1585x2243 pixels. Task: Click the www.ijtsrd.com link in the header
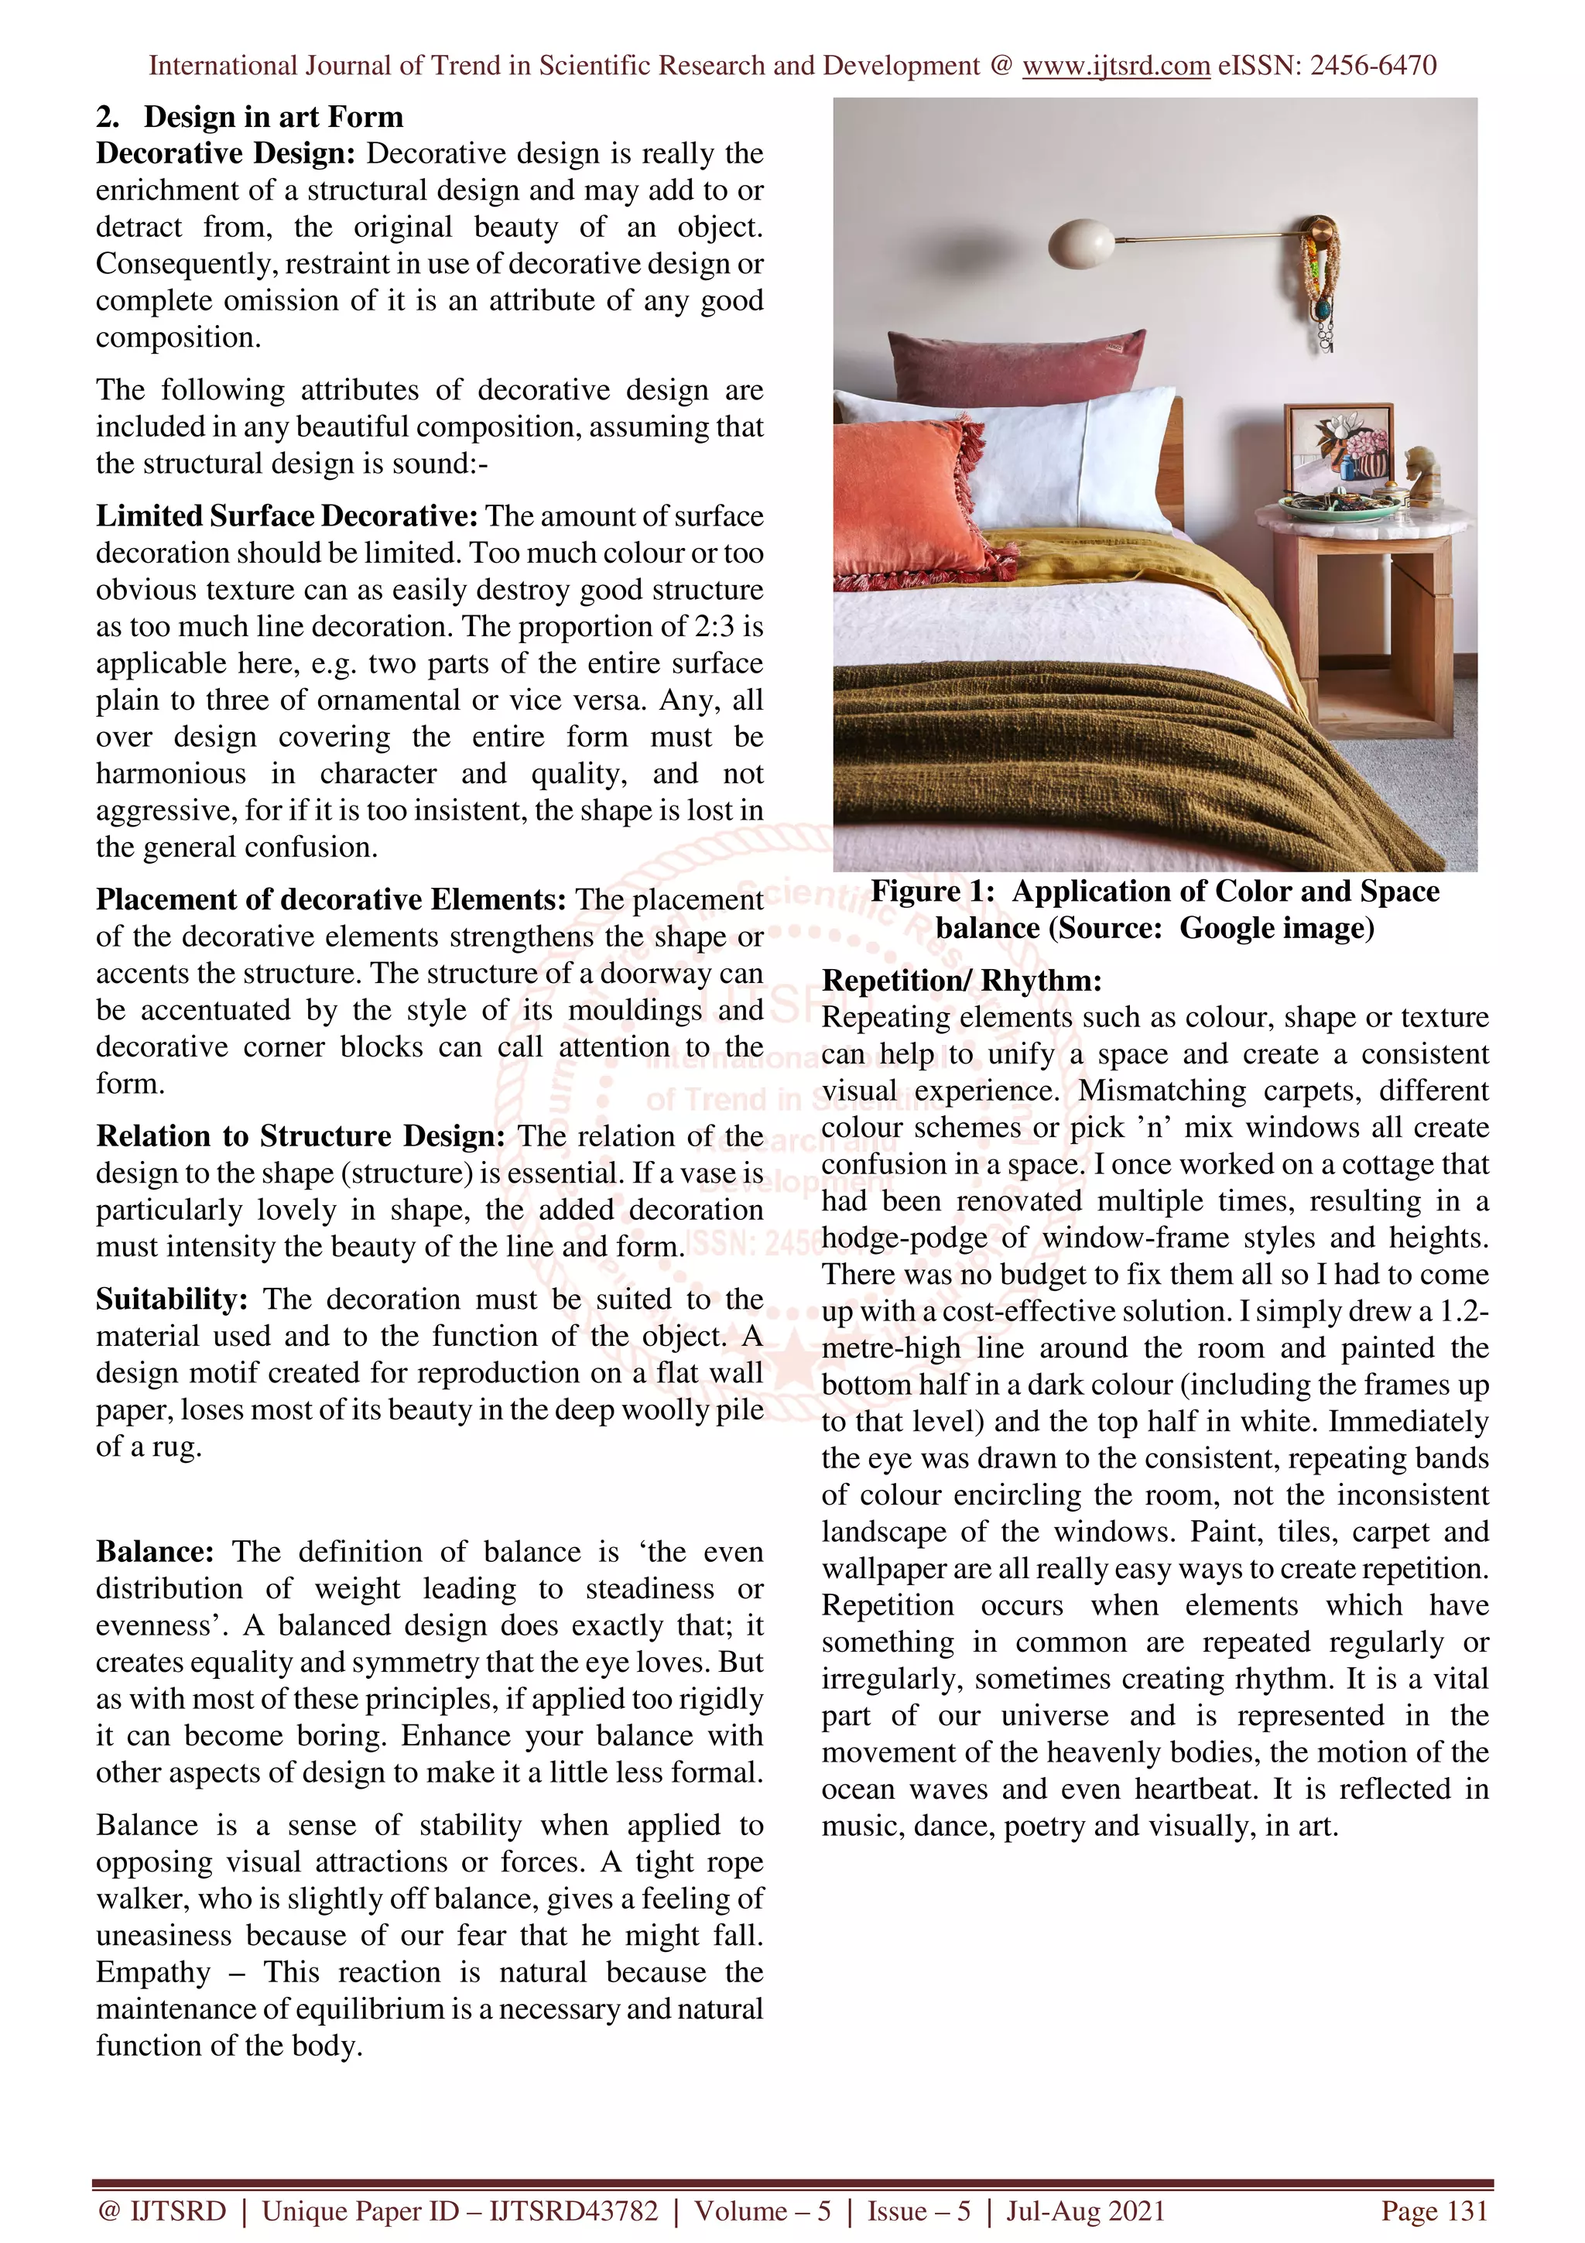(1115, 66)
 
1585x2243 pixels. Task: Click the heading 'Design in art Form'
(272, 117)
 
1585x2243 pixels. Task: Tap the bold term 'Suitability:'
(171, 1300)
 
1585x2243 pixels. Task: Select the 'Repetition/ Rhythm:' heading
(961, 980)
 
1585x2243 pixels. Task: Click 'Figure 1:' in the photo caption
(932, 891)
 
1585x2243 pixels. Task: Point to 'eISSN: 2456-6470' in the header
(1327, 66)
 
